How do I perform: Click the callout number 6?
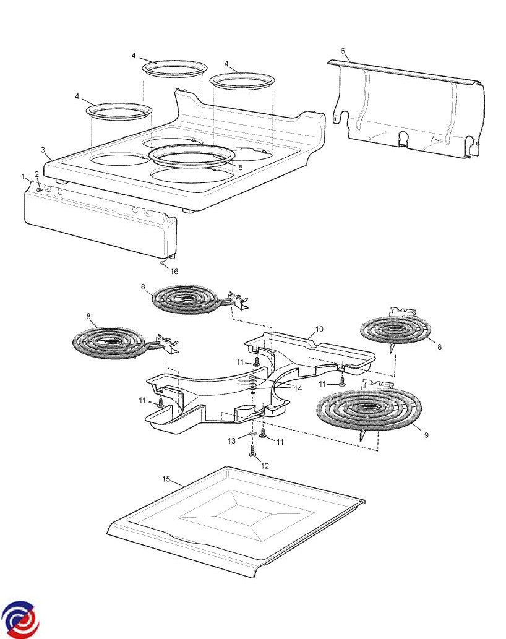(x=343, y=50)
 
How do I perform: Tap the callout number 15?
(x=166, y=479)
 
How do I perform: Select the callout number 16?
(x=174, y=271)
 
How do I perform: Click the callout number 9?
(x=426, y=435)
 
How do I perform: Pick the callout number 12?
(x=267, y=465)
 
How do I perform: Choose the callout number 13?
(x=231, y=440)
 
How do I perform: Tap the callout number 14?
(x=298, y=388)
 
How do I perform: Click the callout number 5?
(x=241, y=167)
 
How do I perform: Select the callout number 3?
(x=43, y=150)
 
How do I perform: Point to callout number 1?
(x=24, y=176)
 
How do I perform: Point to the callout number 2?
(x=36, y=174)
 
